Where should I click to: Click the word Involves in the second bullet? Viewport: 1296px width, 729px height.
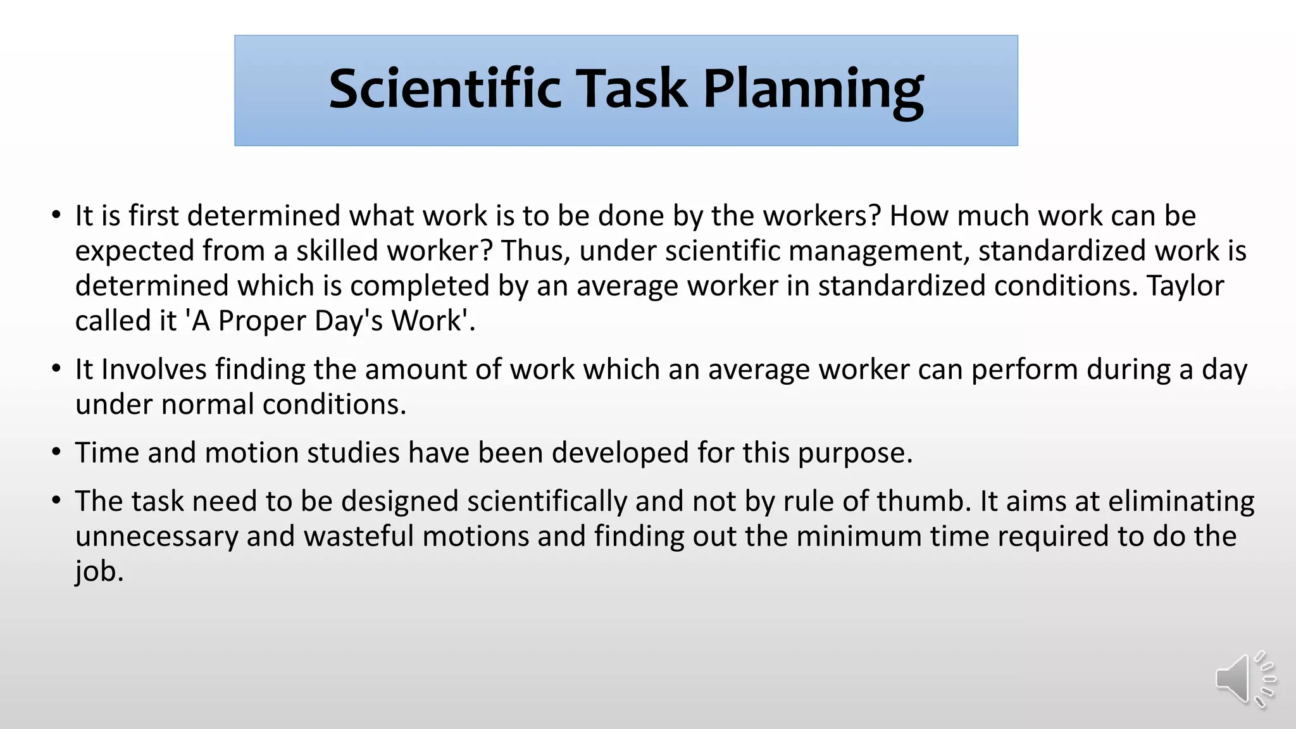click(x=154, y=369)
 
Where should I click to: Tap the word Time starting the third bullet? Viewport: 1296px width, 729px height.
click(x=107, y=452)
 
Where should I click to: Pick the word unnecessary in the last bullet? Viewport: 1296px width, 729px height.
click(x=156, y=537)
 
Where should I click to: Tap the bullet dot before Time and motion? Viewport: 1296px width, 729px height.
click(x=57, y=452)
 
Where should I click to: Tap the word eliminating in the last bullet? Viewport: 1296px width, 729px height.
click(x=1181, y=501)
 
